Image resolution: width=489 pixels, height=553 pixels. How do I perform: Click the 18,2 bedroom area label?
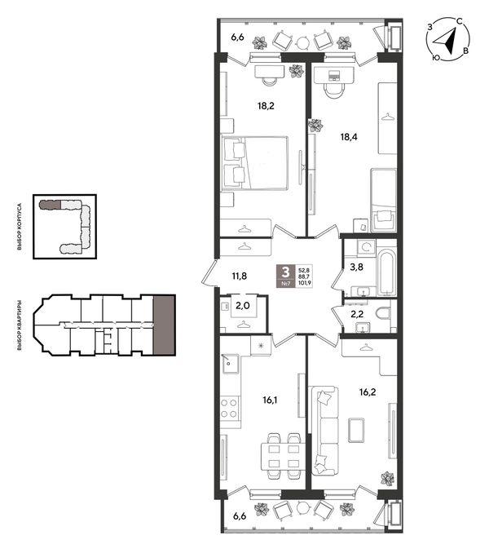pyautogui.click(x=266, y=105)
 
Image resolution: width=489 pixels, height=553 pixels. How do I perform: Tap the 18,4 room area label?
pyautogui.click(x=349, y=137)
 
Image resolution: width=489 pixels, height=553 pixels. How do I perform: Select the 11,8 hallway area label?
pyautogui.click(x=240, y=276)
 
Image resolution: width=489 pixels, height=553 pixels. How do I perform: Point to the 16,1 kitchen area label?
pyautogui.click(x=271, y=400)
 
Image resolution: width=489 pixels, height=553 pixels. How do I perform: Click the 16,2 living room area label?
pyautogui.click(x=368, y=392)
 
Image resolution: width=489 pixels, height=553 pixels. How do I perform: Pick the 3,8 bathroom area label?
pyautogui.click(x=356, y=267)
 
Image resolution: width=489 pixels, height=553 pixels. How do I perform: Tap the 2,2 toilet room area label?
pyautogui.click(x=357, y=314)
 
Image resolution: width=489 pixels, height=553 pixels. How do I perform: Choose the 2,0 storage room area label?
pyautogui.click(x=243, y=305)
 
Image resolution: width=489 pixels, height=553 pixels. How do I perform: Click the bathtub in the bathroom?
pyautogui.click(x=385, y=272)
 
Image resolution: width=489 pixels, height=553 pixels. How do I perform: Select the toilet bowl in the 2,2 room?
pyautogui.click(x=383, y=313)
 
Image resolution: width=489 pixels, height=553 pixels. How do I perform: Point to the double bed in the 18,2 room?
pyautogui.click(x=255, y=163)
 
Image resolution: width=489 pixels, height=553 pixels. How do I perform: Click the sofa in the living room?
pyautogui.click(x=325, y=431)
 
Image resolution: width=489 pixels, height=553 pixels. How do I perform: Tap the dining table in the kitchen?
pyautogui.click(x=283, y=457)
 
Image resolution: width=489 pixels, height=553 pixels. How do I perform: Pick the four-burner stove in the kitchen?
pyautogui.click(x=230, y=408)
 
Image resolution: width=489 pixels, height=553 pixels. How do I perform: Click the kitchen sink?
pyautogui.click(x=230, y=364)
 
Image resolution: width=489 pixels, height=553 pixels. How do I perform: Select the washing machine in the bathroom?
pyautogui.click(x=366, y=247)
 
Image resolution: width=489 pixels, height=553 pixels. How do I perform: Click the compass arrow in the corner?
pyautogui.click(x=446, y=42)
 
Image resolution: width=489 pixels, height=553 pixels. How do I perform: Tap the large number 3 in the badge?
pyautogui.click(x=285, y=272)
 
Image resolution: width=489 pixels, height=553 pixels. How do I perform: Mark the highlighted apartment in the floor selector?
pyautogui.click(x=164, y=325)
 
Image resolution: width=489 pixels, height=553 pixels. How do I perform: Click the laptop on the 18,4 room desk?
pyautogui.click(x=333, y=75)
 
